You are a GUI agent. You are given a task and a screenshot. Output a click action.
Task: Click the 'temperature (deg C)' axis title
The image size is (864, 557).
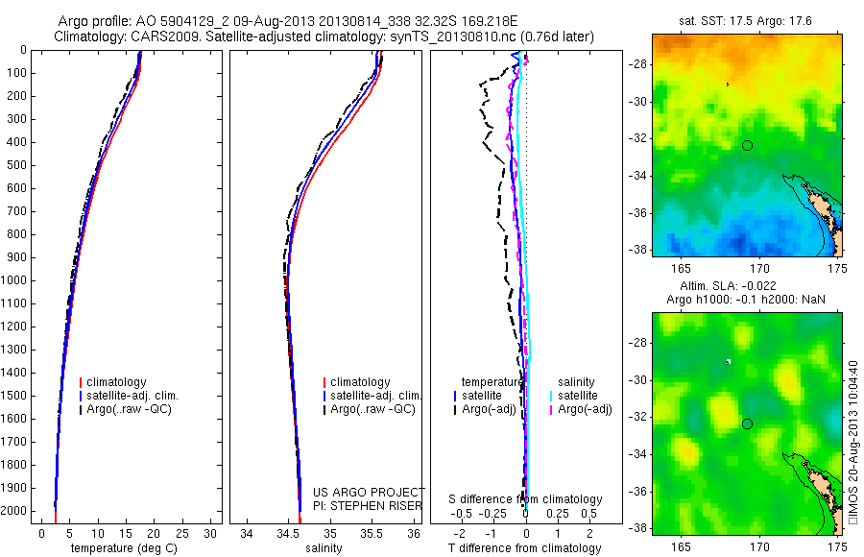tap(126, 548)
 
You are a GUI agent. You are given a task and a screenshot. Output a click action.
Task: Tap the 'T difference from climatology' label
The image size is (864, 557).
tap(525, 548)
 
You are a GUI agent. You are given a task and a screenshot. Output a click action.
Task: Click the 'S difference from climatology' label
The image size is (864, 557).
tap(526, 499)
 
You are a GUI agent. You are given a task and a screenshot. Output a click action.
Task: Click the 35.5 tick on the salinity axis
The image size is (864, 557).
tap(374, 532)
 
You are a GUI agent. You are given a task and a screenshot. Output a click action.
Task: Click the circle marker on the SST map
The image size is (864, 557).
tap(747, 145)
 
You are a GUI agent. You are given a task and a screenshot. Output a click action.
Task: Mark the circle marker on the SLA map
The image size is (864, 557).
tap(747, 424)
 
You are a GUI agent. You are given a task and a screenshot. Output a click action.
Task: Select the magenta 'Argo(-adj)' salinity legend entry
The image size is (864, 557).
tap(585, 409)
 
